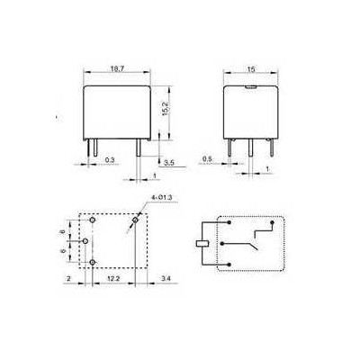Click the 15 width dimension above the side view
pyautogui.click(x=251, y=67)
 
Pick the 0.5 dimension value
pyautogui.click(x=205, y=159)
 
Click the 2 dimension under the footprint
pyautogui.click(x=69, y=281)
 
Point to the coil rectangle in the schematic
pyautogui.click(x=202, y=241)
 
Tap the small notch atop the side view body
pyautogui.click(x=252, y=86)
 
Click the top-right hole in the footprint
pyautogui.click(x=136, y=220)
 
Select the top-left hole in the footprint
pyautogui.click(x=92, y=220)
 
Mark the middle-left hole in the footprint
pyautogui.click(x=85, y=241)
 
